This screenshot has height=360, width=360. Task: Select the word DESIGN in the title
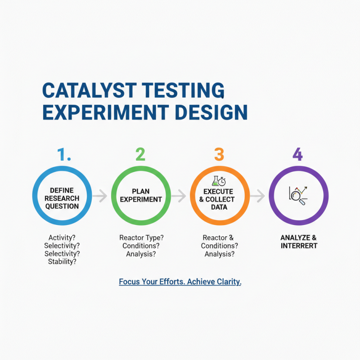click(x=209, y=112)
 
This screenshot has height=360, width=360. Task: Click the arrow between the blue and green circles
click(x=101, y=196)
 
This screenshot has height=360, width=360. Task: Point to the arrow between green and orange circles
click(x=180, y=196)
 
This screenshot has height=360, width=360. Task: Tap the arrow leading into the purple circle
click(x=258, y=196)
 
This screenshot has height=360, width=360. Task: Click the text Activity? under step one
click(x=62, y=238)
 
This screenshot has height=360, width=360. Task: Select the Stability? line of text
click(x=62, y=261)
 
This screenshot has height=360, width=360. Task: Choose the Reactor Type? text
click(x=141, y=238)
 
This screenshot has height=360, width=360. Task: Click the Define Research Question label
click(x=62, y=198)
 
